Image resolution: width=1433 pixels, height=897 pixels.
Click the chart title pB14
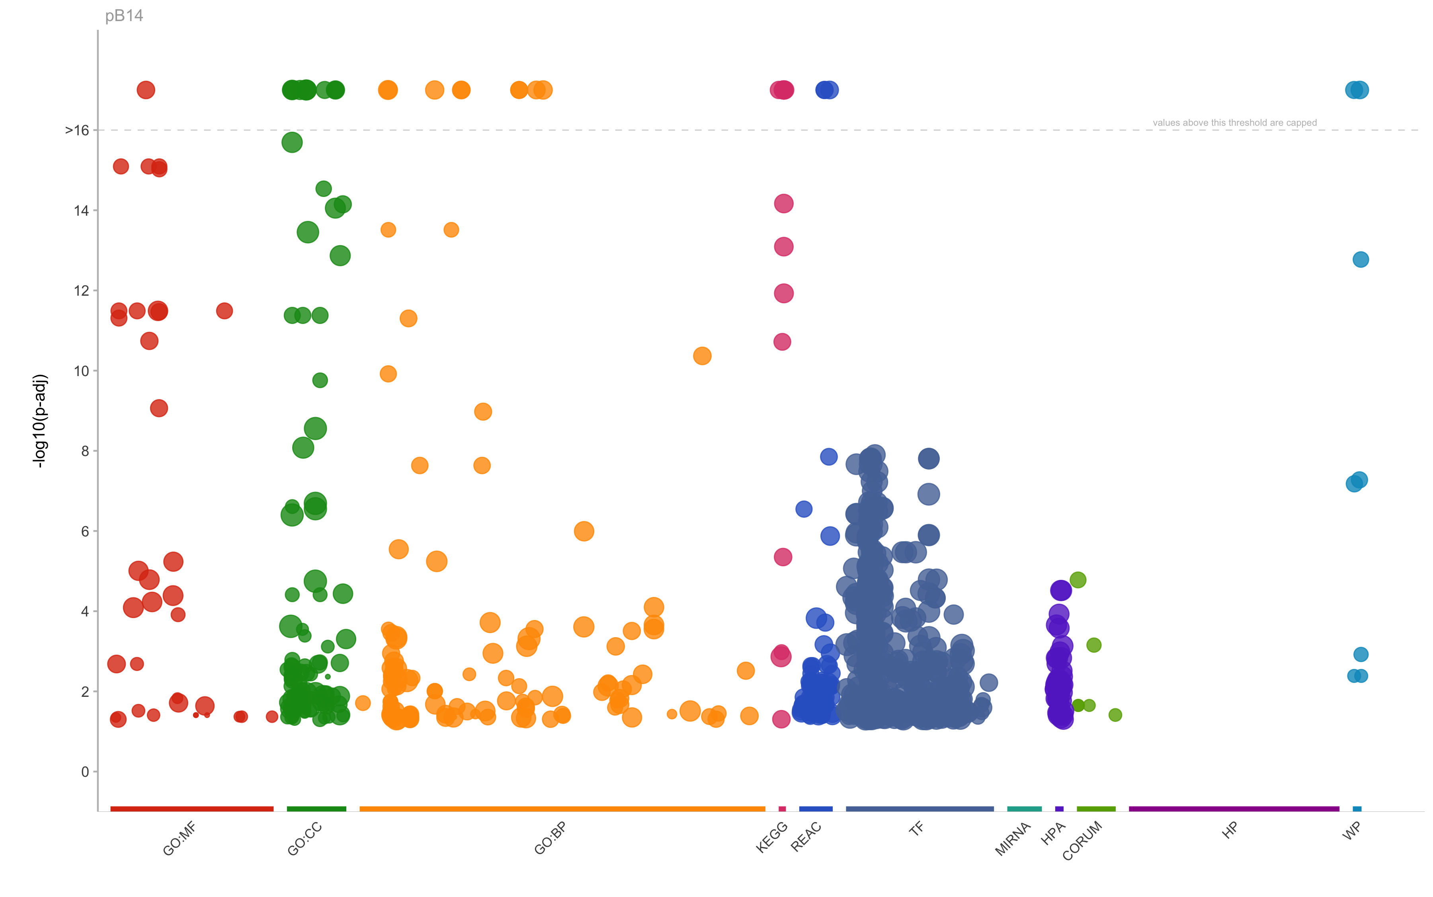coord(124,16)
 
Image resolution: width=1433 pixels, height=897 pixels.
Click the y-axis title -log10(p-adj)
coord(40,421)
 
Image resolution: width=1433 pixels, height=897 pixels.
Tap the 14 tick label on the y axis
coord(81,211)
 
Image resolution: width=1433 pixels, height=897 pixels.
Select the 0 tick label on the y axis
coord(85,772)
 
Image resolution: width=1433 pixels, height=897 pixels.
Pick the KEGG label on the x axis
coord(772,837)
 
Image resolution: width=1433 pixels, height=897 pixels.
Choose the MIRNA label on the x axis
coord(1013,839)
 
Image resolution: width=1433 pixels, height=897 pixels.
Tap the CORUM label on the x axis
coord(1082,840)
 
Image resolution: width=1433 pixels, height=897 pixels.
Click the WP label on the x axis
coord(1352,832)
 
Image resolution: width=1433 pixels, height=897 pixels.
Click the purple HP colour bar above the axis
coord(1234,809)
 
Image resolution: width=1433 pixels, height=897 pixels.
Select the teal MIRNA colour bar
coord(1024,809)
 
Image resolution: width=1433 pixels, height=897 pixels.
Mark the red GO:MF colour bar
coord(191,809)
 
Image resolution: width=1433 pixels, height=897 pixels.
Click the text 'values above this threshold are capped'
coord(1235,123)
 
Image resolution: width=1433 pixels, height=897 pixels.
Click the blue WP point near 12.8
coord(1361,259)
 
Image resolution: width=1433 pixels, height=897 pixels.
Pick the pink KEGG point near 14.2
coord(783,203)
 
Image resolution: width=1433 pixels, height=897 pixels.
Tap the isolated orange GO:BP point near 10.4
coord(702,356)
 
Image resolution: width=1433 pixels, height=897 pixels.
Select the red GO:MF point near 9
coord(158,408)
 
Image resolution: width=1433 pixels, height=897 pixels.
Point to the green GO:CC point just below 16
coord(292,142)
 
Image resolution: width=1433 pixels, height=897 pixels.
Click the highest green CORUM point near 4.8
coord(1078,579)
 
